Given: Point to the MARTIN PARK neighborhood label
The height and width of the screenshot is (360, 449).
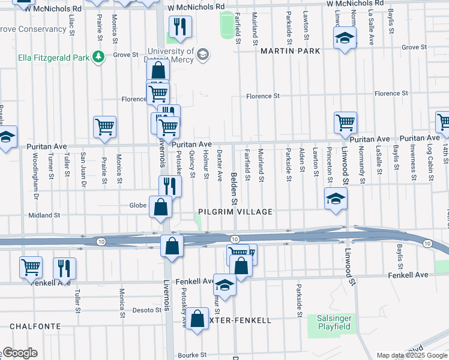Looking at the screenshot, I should tap(290, 52).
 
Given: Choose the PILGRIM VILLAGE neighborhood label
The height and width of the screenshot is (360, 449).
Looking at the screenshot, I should tap(236, 212).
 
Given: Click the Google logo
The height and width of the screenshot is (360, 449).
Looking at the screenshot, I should tap(19, 353).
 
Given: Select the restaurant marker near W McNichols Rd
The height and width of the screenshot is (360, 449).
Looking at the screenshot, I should tap(179, 27).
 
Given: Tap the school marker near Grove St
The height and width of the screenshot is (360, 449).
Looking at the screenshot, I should tap(344, 40).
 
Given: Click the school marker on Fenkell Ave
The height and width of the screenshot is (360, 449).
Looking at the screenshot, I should tap(224, 285).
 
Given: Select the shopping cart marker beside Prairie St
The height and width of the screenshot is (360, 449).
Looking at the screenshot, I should tap(104, 127).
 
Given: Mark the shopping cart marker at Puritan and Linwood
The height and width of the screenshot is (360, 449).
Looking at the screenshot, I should tap(346, 122).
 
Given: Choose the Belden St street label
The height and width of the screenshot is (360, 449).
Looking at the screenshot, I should tap(235, 182).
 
